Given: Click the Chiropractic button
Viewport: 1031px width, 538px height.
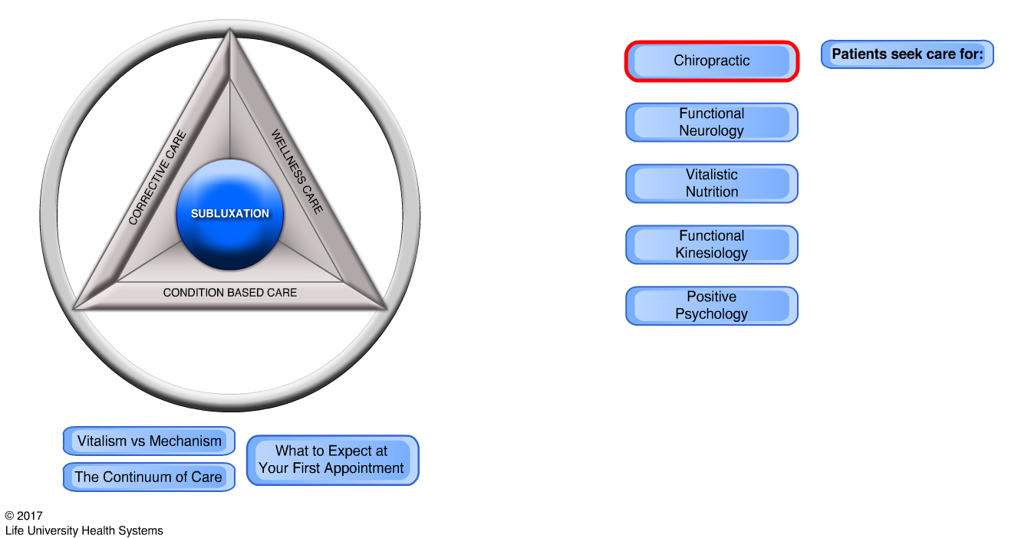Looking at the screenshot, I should click(712, 61).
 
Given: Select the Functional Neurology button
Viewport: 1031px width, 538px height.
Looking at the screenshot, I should click(712, 123).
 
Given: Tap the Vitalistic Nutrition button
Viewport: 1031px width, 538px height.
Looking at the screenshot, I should click(712, 184).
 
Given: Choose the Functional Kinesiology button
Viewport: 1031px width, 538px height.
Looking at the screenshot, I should click(712, 244).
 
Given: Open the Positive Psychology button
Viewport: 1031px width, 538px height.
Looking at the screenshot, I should click(712, 306).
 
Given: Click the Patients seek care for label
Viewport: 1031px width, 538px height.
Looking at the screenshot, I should click(907, 54).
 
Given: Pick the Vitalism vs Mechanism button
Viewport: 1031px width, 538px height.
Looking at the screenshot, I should click(149, 441).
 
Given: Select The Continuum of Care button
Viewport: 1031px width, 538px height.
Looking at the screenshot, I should click(149, 477).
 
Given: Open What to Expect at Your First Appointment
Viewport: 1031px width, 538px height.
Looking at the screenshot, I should click(332, 460).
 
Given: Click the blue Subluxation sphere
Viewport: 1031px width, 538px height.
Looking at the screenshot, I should click(230, 214).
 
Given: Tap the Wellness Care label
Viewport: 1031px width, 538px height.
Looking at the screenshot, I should click(297, 172).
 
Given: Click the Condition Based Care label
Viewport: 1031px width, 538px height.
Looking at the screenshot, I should click(230, 293).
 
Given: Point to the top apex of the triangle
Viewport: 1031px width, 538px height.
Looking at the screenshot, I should click(230, 32).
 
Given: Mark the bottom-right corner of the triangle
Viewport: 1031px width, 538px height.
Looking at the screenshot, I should click(385, 308).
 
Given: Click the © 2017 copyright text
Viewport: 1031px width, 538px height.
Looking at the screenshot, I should click(24, 516).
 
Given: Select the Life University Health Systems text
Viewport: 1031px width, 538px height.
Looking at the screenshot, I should click(84, 530).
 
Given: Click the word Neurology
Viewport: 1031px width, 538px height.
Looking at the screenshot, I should click(712, 131).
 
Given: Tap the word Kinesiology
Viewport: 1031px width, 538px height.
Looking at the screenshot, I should click(712, 253).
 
